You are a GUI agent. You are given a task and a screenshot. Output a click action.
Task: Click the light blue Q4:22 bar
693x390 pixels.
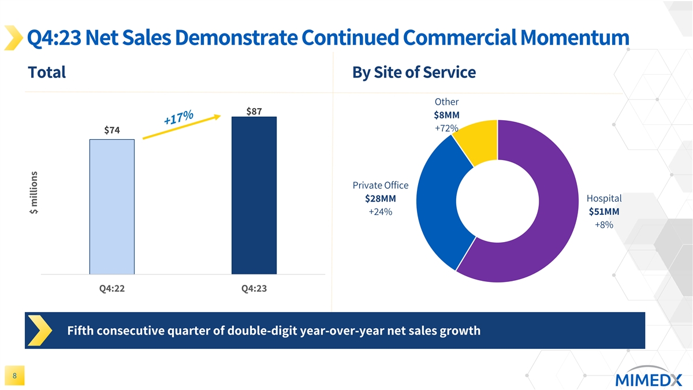pos(112,206)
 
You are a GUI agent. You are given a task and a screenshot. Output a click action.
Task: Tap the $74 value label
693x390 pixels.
pos(112,131)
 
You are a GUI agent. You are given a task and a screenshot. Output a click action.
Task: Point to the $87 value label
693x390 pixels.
pos(255,111)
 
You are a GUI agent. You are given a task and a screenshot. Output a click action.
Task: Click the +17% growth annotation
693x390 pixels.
pos(178,118)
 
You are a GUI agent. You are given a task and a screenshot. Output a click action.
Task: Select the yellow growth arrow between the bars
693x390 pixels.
pos(181,128)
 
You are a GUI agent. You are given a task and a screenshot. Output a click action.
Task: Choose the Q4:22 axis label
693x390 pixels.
pos(112,289)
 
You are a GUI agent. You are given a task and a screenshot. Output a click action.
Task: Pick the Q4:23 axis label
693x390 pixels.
pos(254,289)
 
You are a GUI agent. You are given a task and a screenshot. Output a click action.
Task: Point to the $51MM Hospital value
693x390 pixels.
pos(604,211)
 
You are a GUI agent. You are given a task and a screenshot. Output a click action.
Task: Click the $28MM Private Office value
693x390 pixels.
pos(380,199)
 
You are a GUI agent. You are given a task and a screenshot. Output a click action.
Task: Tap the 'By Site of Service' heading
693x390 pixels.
pos(413,72)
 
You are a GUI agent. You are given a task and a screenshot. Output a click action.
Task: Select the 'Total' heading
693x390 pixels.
pos(47,72)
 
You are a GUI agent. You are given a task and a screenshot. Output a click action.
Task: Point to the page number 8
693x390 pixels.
pos(14,376)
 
